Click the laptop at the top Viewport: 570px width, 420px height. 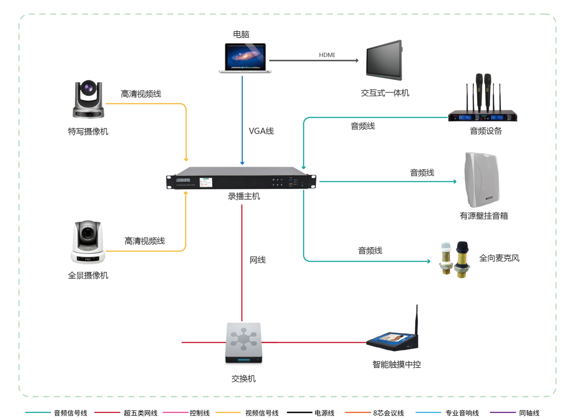245,58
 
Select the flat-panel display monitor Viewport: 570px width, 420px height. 384,60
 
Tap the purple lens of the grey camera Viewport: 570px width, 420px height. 89,88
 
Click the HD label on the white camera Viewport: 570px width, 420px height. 88,259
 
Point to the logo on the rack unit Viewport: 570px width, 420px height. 183,180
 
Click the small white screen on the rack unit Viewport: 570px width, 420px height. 206,182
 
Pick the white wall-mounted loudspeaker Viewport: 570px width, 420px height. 482,180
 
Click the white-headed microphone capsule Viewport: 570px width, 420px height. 445,247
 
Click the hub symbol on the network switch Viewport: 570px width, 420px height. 243,339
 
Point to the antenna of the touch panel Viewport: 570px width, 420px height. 416,321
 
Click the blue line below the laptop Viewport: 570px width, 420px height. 242,118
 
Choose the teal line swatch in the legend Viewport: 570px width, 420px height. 38,412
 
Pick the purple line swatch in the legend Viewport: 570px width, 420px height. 503,412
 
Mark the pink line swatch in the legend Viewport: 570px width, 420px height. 176,412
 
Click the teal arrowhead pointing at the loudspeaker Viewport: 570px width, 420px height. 455,182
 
